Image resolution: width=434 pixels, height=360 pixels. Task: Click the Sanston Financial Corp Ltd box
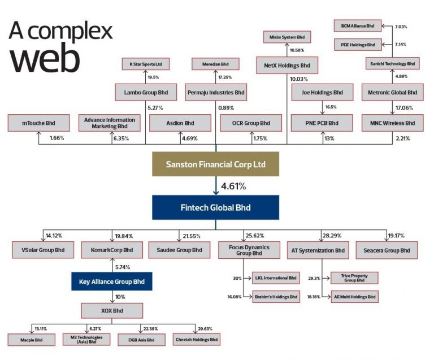[216, 164]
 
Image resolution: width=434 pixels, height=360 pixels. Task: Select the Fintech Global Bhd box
[216, 207]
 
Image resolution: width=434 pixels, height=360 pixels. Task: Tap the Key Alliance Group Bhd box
[112, 281]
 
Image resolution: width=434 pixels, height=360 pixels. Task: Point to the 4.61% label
[233, 186]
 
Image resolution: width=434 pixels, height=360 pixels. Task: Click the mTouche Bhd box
[38, 123]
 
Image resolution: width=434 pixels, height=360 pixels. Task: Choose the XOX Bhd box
[112, 311]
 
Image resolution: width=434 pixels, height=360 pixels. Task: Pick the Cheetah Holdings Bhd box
[197, 340]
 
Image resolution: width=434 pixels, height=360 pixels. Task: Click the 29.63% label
[205, 329]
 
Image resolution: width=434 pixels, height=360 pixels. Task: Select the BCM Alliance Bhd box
[358, 26]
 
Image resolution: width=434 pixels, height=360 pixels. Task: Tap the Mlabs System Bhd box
[287, 37]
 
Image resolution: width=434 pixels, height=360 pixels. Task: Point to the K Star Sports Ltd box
[146, 64]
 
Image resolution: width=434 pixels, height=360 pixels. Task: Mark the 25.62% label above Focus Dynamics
[255, 236]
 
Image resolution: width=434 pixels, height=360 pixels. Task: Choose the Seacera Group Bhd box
[387, 250]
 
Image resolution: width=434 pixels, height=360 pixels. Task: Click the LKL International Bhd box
[276, 278]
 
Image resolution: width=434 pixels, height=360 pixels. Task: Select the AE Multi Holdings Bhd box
[354, 297]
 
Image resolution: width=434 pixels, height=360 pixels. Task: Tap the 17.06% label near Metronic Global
[405, 107]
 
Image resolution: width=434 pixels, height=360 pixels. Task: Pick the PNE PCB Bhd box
[322, 123]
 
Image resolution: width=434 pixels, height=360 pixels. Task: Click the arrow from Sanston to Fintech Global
[216, 186]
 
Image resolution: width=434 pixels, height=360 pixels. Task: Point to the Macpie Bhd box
[31, 340]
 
